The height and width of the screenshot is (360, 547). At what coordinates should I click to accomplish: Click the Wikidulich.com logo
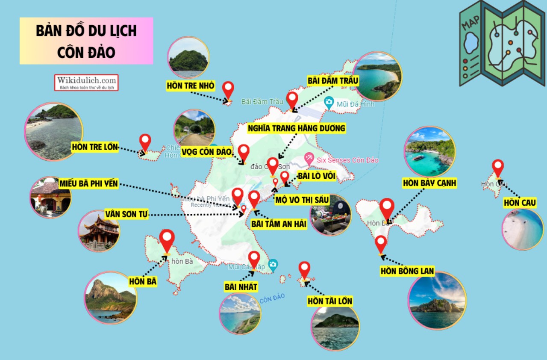click(86, 82)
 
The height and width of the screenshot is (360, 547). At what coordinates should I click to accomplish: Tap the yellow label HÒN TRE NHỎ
click(191, 86)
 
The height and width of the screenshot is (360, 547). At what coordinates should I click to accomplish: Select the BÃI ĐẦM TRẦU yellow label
click(333, 80)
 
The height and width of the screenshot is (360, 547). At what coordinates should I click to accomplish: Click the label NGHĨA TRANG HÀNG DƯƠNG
click(297, 128)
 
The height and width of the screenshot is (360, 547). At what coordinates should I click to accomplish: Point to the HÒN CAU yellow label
click(520, 202)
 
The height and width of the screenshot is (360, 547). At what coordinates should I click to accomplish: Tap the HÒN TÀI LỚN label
click(330, 301)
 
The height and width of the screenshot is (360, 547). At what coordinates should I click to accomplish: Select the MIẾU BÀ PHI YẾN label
click(89, 184)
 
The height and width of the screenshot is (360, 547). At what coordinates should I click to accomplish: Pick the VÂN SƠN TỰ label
click(126, 214)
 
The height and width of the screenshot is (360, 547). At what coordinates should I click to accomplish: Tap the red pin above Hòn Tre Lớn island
click(145, 142)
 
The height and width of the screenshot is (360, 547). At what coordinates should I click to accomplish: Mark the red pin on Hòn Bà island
click(167, 240)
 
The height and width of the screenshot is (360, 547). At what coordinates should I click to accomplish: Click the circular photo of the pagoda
click(99, 230)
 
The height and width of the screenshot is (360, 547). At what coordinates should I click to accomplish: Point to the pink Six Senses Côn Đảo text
click(347, 160)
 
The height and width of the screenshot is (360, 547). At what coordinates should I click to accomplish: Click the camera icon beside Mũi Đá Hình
click(329, 102)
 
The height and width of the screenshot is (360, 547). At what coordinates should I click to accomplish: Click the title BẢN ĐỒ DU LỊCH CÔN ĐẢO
click(86, 41)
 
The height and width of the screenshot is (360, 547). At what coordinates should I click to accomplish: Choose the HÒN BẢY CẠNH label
click(429, 183)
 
